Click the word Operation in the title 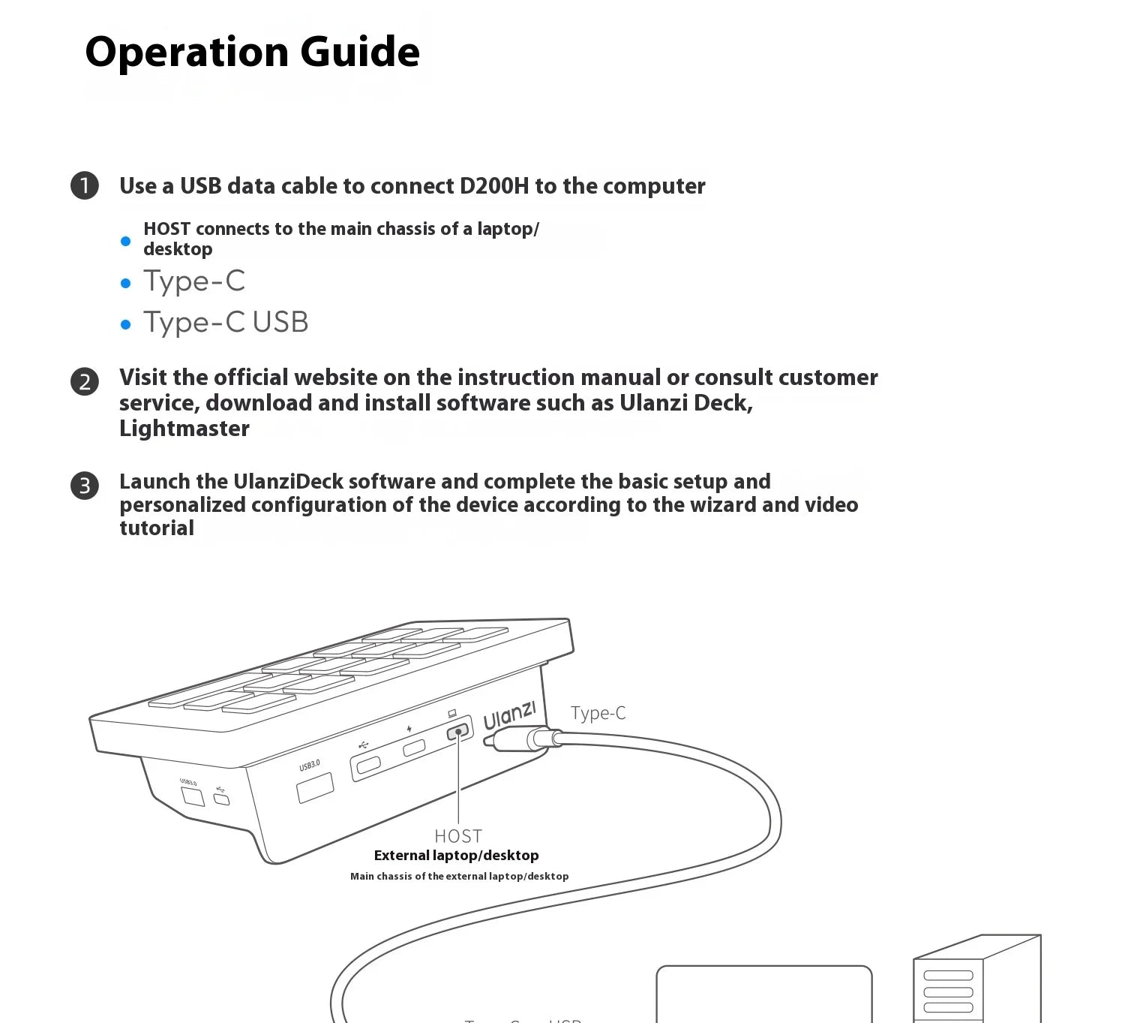[x=187, y=52]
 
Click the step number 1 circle [x=85, y=185]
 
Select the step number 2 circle [x=85, y=381]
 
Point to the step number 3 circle [x=85, y=486]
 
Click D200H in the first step [x=493, y=186]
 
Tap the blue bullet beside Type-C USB [x=126, y=324]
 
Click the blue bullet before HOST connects [x=126, y=241]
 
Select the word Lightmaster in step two [x=184, y=429]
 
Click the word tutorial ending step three [x=157, y=528]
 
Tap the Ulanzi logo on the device [x=509, y=715]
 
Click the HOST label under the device [x=458, y=836]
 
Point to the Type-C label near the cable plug [x=598, y=713]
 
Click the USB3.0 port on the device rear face [x=315, y=787]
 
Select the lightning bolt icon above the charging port [x=409, y=729]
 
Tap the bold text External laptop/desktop [x=456, y=856]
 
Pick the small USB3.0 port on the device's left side [x=193, y=796]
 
